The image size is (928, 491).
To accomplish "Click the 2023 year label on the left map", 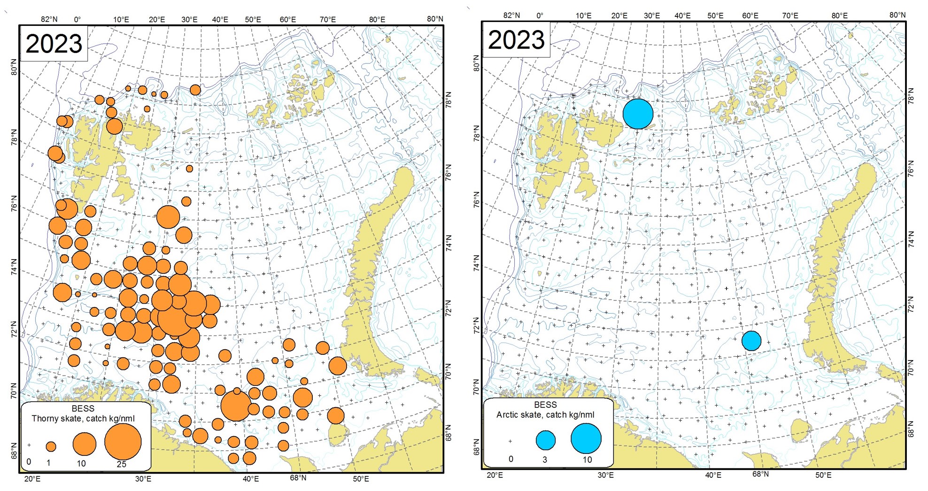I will pyautogui.click(x=54, y=44).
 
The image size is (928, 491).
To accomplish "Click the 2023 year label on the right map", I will pyautogui.click(x=516, y=40).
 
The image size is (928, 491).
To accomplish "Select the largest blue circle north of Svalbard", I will pyautogui.click(x=638, y=114).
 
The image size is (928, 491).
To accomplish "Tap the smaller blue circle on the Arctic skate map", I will pyautogui.click(x=751, y=341).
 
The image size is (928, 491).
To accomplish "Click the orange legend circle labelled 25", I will pyautogui.click(x=123, y=442).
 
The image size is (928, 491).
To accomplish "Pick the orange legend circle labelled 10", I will pyautogui.click(x=84, y=445).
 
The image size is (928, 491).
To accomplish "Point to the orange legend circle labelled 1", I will pyautogui.click(x=51, y=446).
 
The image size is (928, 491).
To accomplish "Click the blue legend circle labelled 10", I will pyautogui.click(x=586, y=438).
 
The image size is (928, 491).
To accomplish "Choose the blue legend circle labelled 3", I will pyautogui.click(x=546, y=440).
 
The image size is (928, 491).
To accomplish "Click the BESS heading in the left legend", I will pyautogui.click(x=83, y=409).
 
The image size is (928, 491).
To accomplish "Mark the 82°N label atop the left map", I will pyautogui.click(x=49, y=19).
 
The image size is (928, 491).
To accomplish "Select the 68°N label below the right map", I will pyautogui.click(x=760, y=474).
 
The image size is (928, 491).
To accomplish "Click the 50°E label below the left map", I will pyautogui.click(x=361, y=479).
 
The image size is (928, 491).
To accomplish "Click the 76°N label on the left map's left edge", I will pyautogui.click(x=14, y=204).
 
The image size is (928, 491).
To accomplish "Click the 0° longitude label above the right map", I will pyautogui.click(x=540, y=15).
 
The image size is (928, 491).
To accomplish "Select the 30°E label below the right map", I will pyautogui.click(x=605, y=475).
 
